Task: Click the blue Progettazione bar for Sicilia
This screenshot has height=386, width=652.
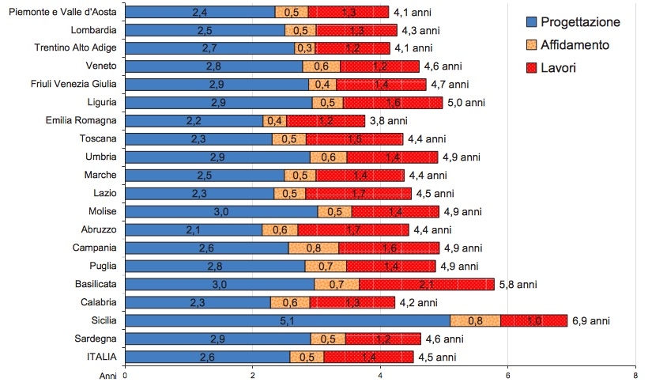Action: [288, 320]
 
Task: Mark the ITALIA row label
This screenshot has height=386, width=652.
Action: [100, 357]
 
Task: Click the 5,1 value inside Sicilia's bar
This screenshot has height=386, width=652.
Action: [287, 320]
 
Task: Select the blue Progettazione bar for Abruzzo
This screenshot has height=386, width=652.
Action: [194, 229]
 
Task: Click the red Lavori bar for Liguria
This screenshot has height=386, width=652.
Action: [393, 102]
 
